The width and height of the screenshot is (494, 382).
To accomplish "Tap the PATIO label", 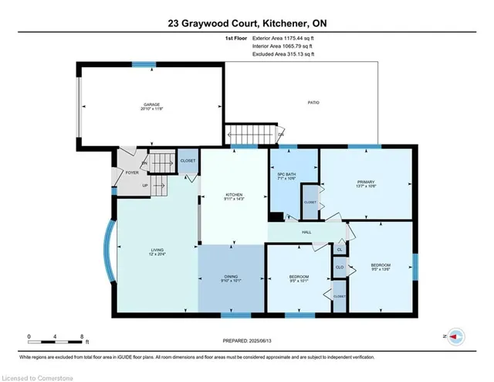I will point(313,102).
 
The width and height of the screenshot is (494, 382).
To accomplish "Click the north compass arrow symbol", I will point(455,337).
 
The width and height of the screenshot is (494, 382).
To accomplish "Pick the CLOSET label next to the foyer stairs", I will point(188,160).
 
